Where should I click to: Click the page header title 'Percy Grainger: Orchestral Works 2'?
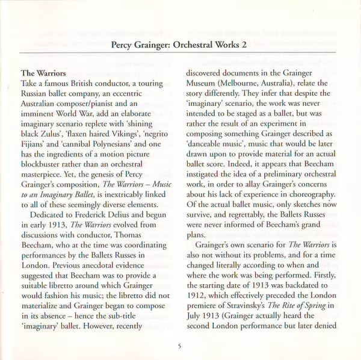180,44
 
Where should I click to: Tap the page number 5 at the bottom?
180,345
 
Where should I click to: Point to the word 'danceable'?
206,147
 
